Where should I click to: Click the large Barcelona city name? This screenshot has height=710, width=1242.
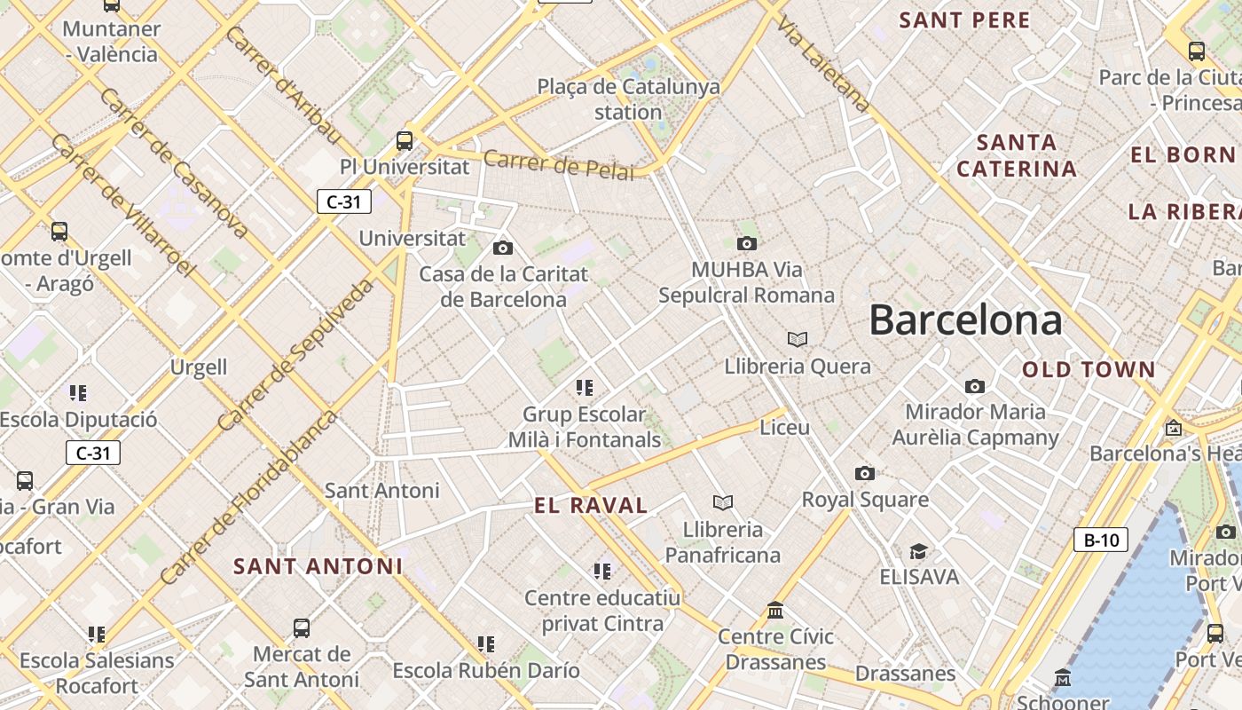point(965,320)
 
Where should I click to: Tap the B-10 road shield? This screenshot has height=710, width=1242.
point(1101,540)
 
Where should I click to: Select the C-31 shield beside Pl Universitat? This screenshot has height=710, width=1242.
point(344,201)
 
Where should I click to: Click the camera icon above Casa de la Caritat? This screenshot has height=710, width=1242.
point(503,248)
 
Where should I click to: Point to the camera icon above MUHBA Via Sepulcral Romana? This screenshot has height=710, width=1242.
point(747,243)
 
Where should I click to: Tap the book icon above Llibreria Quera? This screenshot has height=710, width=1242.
point(798,339)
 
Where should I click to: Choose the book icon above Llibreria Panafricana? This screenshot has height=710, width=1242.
point(723,503)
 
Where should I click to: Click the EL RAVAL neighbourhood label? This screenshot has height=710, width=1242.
point(591,506)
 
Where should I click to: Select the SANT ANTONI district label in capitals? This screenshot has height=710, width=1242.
point(318,566)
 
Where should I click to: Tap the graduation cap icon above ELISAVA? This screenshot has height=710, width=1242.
point(918,552)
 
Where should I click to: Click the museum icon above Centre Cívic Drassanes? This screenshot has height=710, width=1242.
point(775,611)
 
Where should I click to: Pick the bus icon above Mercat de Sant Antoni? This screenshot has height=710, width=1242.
point(302,628)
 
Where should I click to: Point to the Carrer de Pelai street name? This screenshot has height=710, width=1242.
point(559,165)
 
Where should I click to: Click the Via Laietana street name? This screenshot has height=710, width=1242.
point(822,64)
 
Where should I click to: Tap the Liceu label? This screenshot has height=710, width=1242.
point(785,427)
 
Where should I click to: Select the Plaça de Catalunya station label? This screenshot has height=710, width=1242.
point(628,99)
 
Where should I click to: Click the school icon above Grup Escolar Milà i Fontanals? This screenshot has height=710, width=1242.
point(584,387)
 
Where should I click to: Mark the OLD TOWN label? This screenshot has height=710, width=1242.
point(1089,370)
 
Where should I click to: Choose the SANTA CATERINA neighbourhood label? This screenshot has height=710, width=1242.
point(1017,155)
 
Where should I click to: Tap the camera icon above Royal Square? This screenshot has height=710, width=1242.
point(865,474)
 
